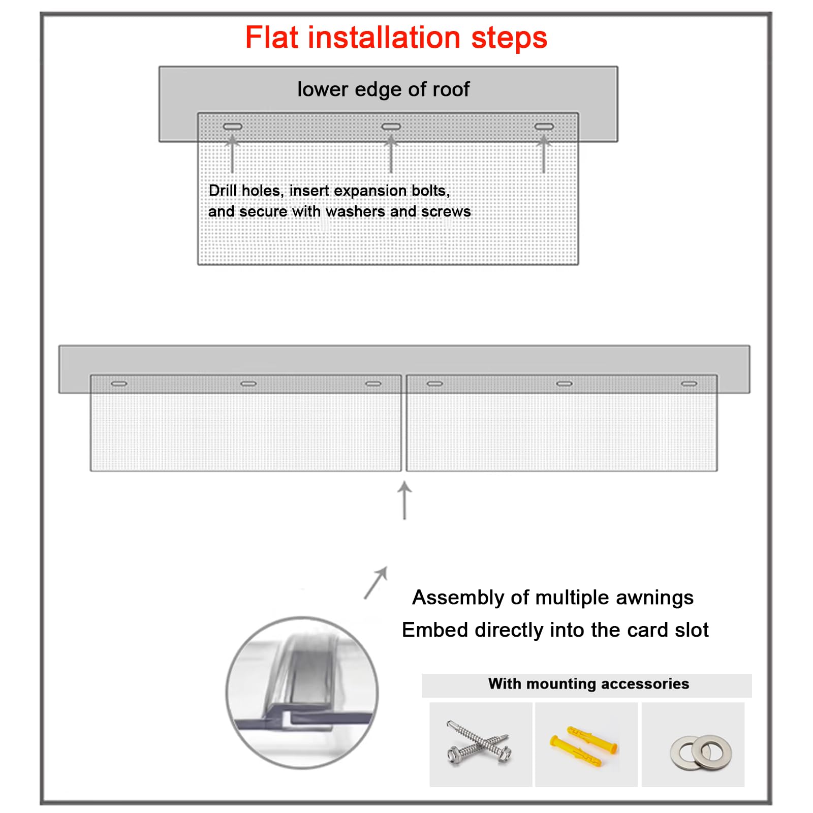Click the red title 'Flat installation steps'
coord(396,38)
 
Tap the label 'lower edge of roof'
coord(383,89)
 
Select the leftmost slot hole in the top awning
coord(233,127)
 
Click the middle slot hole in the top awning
coord(391,127)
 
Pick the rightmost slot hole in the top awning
coord(544,127)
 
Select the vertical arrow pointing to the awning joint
coord(404,501)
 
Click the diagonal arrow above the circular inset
coord(376,583)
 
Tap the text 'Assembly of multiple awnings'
coord(553,598)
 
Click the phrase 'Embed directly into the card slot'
coord(555,630)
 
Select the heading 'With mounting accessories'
coord(588,684)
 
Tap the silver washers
coord(701,752)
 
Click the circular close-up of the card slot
coord(302,693)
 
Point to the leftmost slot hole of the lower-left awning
coord(119,384)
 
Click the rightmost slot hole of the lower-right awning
coord(689,384)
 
